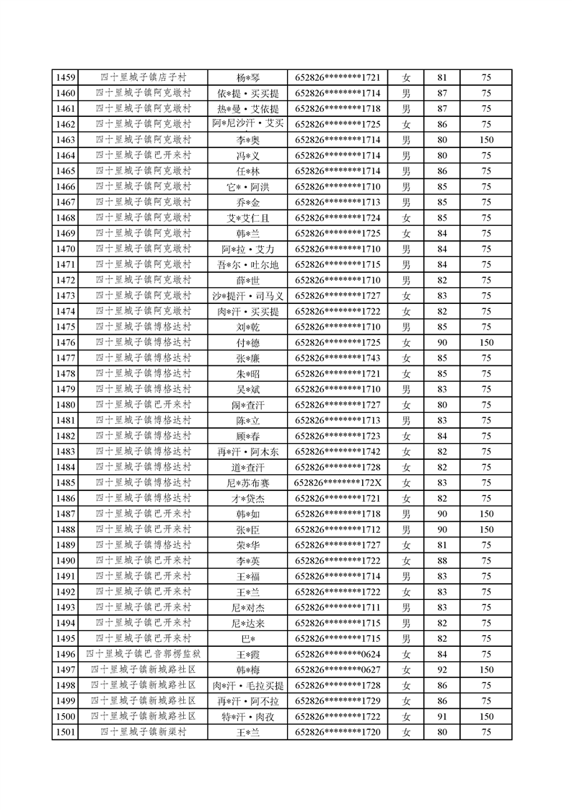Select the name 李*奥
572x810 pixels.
[x=247, y=140]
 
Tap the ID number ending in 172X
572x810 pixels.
[x=338, y=483]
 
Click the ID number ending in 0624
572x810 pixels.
[x=338, y=654]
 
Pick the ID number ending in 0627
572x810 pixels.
[x=338, y=669]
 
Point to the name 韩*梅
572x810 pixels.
[x=247, y=669]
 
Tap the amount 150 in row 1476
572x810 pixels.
[x=486, y=343]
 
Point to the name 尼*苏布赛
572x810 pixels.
[x=247, y=483]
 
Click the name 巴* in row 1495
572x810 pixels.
[x=247, y=638]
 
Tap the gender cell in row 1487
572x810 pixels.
[x=406, y=514]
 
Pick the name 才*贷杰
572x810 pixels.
[x=247, y=499]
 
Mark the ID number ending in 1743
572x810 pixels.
[x=338, y=358]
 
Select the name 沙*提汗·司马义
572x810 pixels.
[x=247, y=296]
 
